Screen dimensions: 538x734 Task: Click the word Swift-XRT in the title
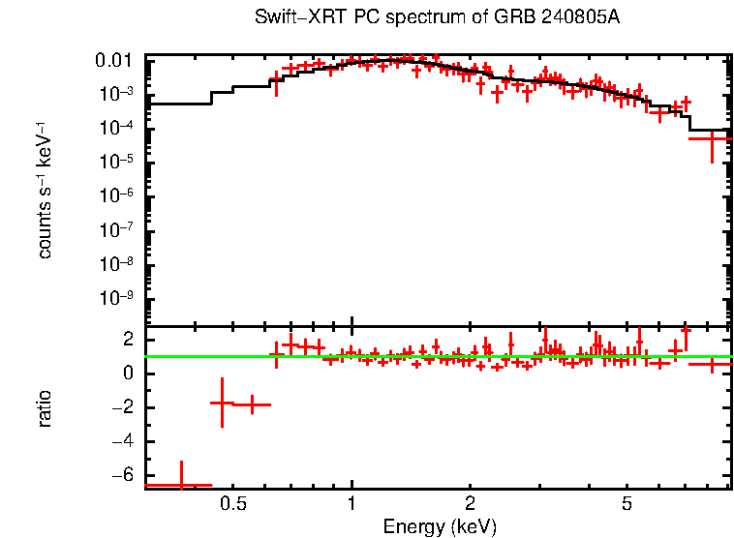pyautogui.click(x=291, y=17)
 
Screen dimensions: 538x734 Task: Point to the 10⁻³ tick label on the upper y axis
pyautogui.click(x=120, y=94)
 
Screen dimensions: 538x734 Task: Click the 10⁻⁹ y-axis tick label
pyautogui.click(x=120, y=297)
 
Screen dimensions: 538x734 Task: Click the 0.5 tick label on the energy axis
pyautogui.click(x=233, y=504)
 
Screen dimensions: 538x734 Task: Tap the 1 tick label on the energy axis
pyautogui.click(x=352, y=504)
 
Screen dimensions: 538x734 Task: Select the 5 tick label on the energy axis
pyautogui.click(x=627, y=504)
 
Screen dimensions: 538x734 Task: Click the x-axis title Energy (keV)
pyautogui.click(x=440, y=526)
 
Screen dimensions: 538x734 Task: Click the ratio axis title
pyautogui.click(x=46, y=408)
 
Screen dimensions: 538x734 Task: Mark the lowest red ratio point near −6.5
pyautogui.click(x=179, y=484)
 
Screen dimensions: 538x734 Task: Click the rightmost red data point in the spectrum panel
pyautogui.click(x=713, y=138)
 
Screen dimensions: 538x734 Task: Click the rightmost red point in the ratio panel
pyautogui.click(x=713, y=365)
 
